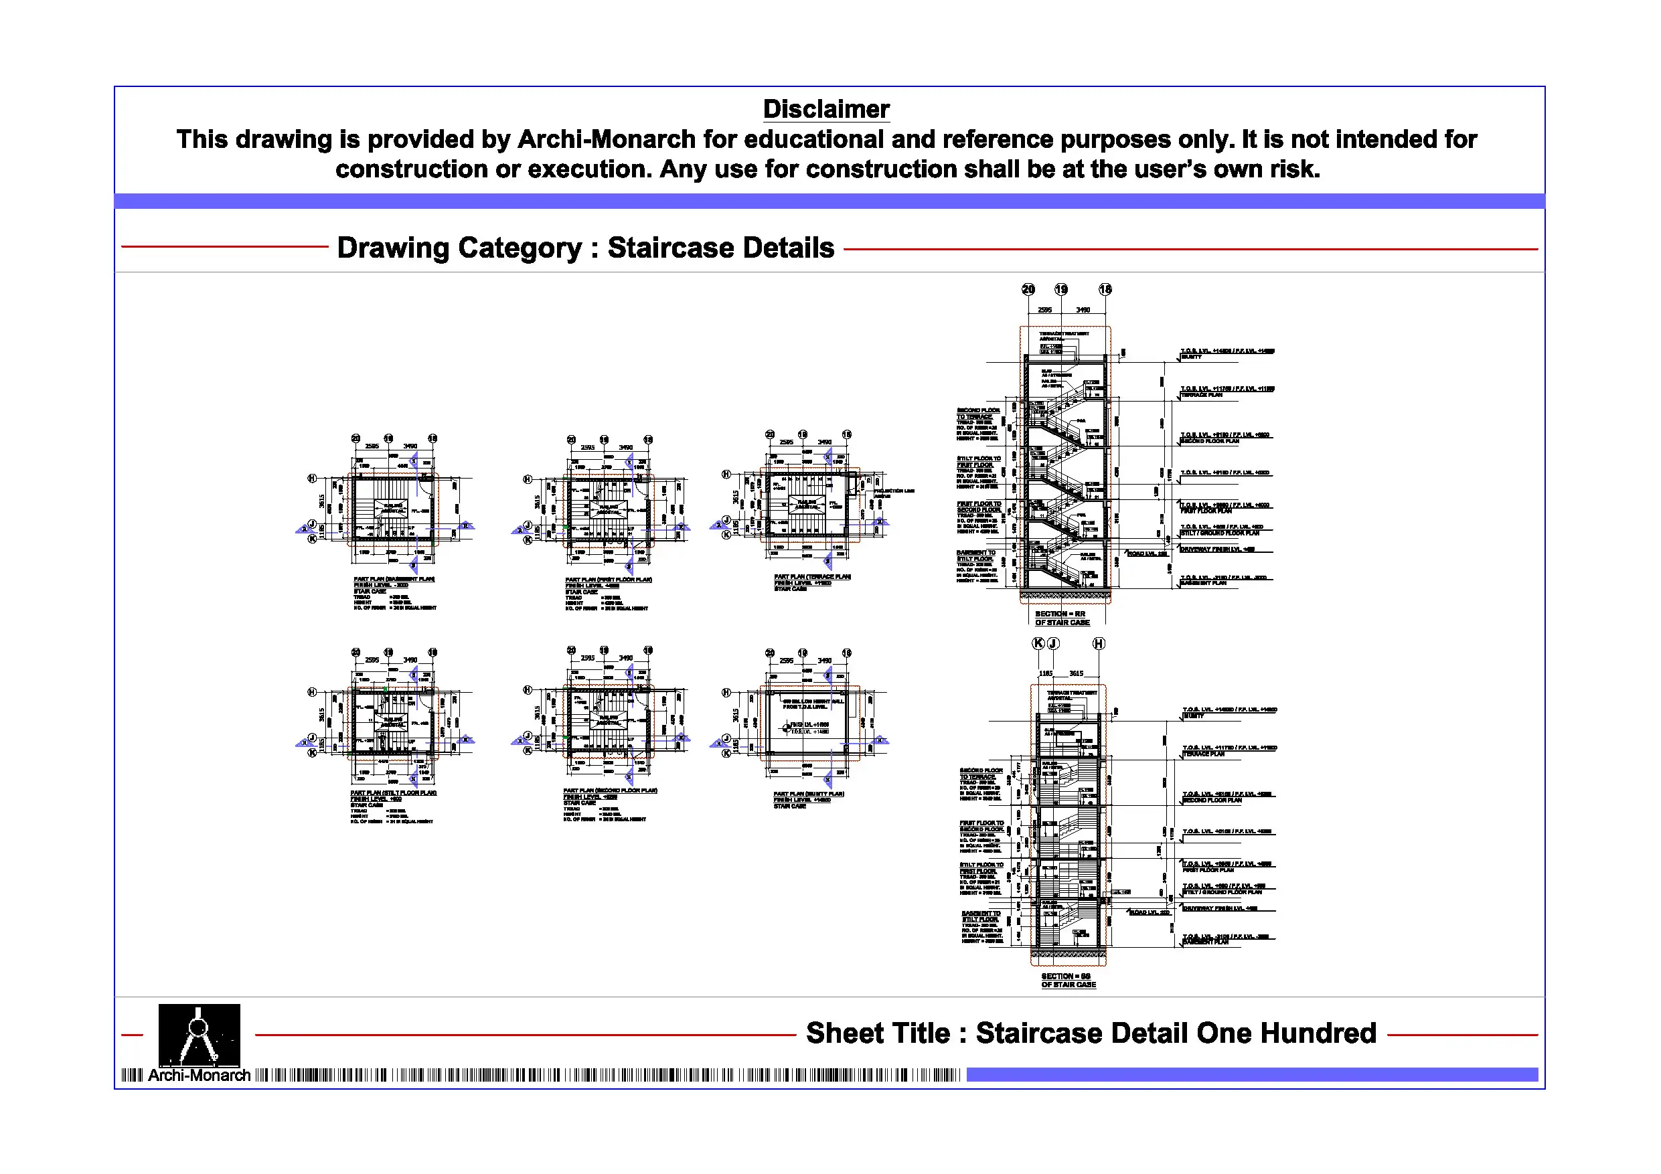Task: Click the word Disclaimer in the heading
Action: point(825,109)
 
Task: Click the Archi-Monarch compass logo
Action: point(199,1033)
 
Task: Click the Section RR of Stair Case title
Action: point(1060,618)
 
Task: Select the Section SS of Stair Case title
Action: point(1068,980)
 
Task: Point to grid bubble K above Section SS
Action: point(1038,643)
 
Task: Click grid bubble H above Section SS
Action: point(1098,643)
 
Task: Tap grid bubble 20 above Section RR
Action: point(1028,289)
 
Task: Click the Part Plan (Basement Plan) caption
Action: point(394,580)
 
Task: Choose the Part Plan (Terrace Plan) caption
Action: point(811,576)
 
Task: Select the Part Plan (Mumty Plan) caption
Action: point(808,794)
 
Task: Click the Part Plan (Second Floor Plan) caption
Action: point(610,790)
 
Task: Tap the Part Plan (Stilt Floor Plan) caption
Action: point(394,792)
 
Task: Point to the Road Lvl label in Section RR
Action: point(1148,554)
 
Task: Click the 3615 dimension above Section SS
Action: point(1077,673)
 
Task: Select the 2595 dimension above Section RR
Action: point(1044,310)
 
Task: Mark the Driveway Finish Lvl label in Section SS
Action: point(1219,908)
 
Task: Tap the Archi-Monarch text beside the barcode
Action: point(199,1075)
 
